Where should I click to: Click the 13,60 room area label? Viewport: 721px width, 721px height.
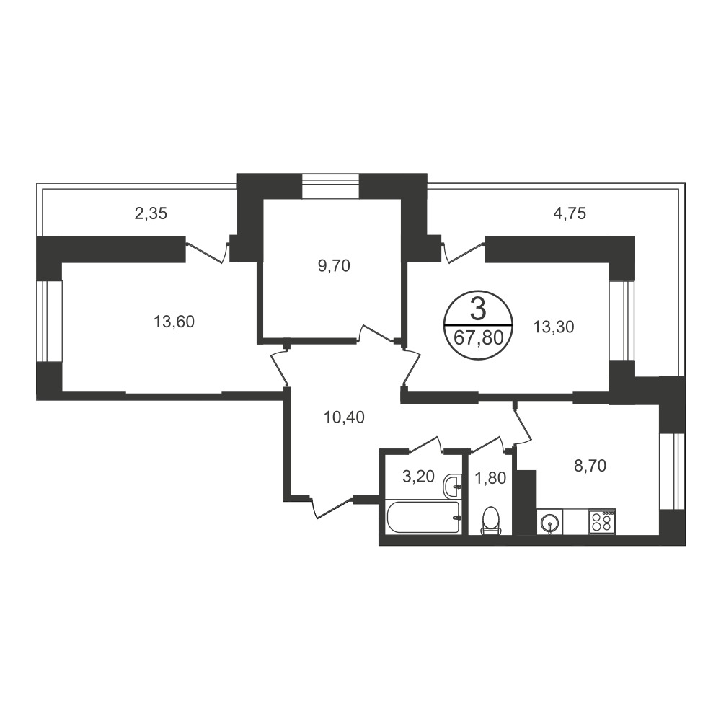point(174,322)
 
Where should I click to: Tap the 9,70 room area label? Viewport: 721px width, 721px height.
point(334,266)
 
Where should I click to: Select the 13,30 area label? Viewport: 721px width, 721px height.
point(554,327)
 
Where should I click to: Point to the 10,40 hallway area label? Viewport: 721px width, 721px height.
point(344,417)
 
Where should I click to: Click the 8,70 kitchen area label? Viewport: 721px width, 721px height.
point(590,466)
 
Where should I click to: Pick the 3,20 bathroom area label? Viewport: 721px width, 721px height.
point(418,477)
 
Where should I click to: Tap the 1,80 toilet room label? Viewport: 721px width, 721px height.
point(490,478)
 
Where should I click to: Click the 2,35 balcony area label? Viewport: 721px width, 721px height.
point(151,213)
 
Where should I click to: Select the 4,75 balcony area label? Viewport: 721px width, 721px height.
point(570,213)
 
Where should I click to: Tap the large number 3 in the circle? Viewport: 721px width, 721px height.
point(478,309)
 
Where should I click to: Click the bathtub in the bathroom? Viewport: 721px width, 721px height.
point(423,518)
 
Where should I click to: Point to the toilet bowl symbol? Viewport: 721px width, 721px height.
point(490,521)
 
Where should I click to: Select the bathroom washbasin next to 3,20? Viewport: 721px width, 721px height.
point(453,485)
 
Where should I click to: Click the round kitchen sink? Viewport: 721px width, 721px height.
point(549,522)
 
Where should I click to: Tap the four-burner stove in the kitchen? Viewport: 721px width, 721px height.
point(602,521)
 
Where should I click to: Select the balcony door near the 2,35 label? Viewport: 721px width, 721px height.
point(208,251)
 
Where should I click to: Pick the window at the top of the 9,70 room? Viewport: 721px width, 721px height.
point(331,186)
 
